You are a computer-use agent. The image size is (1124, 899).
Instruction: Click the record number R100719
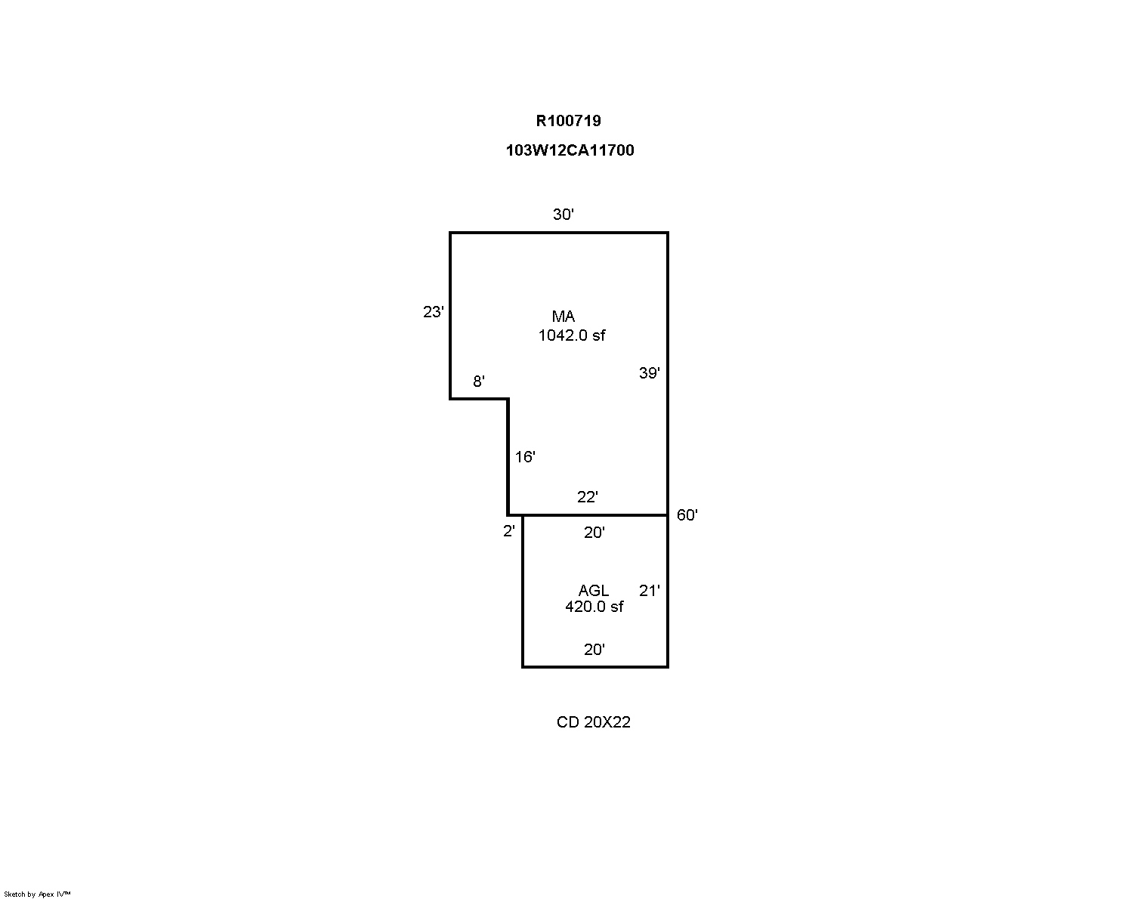point(568,121)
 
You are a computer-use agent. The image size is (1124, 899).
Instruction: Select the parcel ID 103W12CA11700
point(570,150)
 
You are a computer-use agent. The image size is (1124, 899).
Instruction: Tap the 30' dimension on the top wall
point(564,214)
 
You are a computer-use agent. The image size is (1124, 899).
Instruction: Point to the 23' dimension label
point(434,312)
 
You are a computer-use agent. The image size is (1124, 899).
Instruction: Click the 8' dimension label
point(479,382)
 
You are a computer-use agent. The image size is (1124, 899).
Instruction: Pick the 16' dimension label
point(526,457)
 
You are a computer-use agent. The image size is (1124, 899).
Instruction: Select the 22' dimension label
point(588,497)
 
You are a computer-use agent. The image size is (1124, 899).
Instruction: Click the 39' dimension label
point(650,373)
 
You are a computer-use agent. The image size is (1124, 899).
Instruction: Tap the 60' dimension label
point(687,515)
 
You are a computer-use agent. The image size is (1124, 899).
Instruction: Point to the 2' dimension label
point(509,531)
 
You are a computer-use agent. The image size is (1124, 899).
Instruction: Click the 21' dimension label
point(650,590)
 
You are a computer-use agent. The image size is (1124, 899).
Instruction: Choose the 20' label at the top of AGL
point(594,533)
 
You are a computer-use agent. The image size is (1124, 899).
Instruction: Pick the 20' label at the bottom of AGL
point(594,649)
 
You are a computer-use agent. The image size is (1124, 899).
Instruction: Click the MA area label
point(564,316)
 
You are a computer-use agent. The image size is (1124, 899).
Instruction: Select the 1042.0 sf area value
point(572,335)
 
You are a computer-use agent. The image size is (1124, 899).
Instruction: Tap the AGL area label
point(593,590)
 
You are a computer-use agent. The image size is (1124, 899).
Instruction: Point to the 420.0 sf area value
point(594,607)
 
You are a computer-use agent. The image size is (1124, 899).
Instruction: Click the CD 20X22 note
point(593,722)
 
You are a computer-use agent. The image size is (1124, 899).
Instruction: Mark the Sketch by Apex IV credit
point(37,894)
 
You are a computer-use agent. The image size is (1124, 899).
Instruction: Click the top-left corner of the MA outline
point(450,233)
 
